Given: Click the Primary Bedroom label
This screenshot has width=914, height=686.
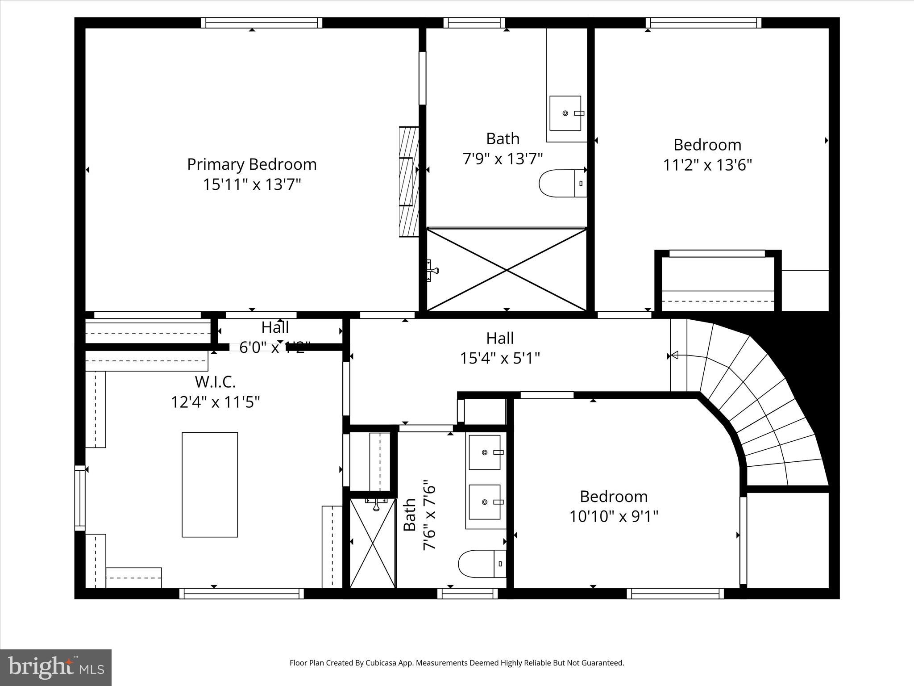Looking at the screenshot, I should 252,164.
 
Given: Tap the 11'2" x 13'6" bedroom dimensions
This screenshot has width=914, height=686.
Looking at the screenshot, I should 707,165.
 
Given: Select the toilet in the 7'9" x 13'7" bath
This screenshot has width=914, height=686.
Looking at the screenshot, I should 562,183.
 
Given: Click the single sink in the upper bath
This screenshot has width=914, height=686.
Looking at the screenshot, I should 565,113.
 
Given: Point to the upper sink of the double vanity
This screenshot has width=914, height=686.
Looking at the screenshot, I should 485,452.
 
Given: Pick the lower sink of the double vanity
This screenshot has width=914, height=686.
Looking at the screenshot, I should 485,502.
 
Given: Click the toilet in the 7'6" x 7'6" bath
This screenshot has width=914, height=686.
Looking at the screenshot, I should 482,564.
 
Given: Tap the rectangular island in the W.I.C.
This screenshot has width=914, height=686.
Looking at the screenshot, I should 210,485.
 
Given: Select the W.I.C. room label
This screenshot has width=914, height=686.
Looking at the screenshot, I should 215,382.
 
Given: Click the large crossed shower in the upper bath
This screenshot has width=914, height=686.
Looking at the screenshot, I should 507,269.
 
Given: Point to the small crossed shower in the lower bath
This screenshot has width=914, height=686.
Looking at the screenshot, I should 373,543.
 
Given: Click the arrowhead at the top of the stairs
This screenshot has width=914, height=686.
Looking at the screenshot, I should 674,356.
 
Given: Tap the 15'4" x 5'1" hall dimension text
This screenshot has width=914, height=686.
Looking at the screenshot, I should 500,358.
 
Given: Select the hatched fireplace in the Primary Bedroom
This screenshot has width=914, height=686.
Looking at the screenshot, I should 409,182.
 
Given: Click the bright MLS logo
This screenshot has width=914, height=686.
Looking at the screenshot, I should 56,667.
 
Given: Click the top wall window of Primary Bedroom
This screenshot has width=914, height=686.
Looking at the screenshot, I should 261,23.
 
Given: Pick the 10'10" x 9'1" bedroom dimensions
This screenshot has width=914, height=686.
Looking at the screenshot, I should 614,517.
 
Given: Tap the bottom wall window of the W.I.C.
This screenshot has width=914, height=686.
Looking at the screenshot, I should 241,594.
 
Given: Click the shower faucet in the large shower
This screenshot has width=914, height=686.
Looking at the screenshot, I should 432,270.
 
